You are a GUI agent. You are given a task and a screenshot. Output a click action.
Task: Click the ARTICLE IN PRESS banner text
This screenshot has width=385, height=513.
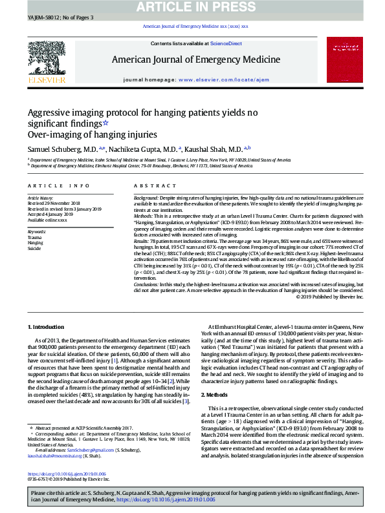[x=192, y=6]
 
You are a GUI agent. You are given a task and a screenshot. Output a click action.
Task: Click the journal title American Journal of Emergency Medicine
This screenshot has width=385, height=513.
[x=196, y=59]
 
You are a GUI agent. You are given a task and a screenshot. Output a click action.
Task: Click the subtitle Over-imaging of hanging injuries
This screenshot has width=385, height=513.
[x=92, y=135]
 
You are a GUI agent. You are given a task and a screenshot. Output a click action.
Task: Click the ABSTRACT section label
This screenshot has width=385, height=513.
[x=150, y=185]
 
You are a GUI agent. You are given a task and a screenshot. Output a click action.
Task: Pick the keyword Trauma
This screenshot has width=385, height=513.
[x=34, y=238]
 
